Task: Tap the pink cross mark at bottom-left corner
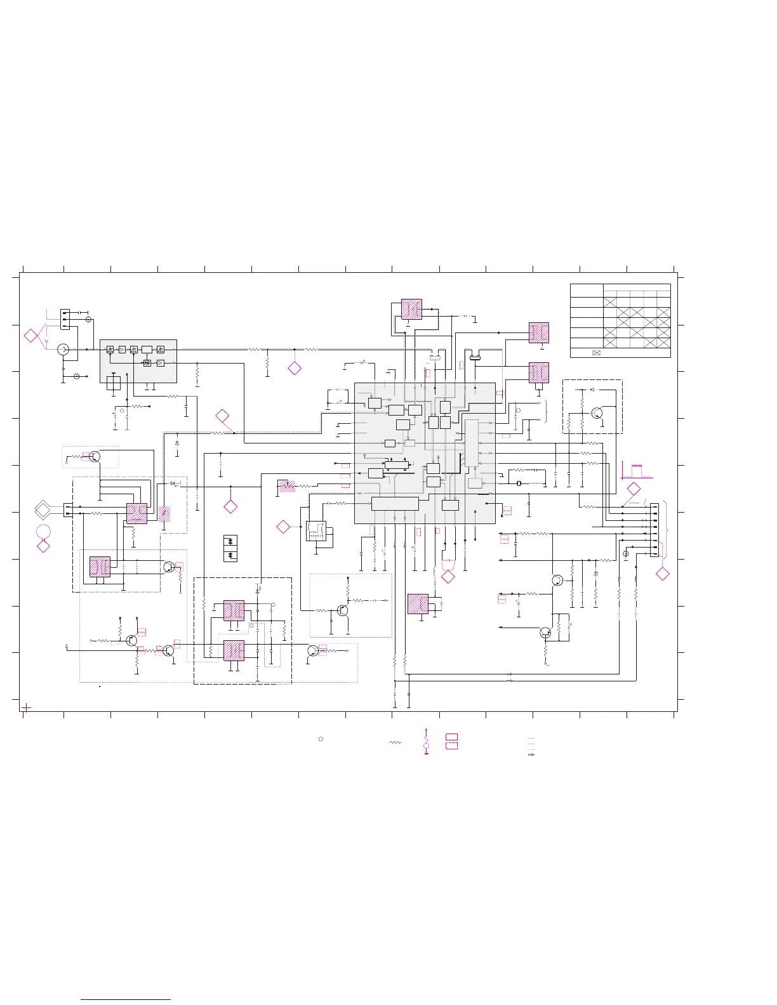(x=27, y=707)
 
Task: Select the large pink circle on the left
(x=43, y=532)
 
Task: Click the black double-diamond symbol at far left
(x=44, y=509)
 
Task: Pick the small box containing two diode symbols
(x=230, y=548)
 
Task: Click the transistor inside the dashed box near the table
(x=597, y=413)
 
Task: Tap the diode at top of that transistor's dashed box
(x=592, y=389)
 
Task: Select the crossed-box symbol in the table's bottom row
(x=596, y=353)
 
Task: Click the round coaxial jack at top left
(x=63, y=350)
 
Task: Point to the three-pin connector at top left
(x=65, y=319)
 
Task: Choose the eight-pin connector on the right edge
(x=654, y=539)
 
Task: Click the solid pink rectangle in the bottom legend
(x=451, y=736)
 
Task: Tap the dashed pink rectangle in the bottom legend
(x=451, y=746)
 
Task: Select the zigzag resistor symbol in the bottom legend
(x=396, y=742)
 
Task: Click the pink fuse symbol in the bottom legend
(x=426, y=741)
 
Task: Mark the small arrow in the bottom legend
(x=531, y=755)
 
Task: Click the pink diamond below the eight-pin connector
(x=662, y=574)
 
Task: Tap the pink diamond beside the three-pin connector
(x=31, y=336)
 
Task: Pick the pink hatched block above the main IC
(x=411, y=309)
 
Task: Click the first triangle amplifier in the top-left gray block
(x=122, y=350)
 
